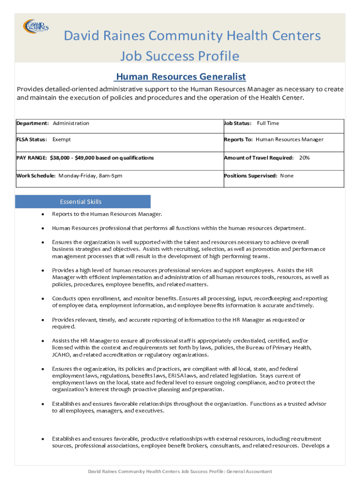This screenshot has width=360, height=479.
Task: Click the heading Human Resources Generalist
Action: pos(180,77)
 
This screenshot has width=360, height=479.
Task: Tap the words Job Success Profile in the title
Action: pos(180,57)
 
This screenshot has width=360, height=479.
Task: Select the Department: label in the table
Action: pos(33,123)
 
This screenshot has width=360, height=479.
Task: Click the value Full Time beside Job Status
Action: pos(268,123)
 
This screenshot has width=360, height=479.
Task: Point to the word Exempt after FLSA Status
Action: pos(62,139)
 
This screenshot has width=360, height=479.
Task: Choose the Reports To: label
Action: pos(238,139)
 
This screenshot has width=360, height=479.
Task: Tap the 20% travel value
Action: pos(304,158)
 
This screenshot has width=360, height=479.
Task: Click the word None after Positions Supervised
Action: pos(287,176)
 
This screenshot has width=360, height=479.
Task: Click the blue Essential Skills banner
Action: pos(83,202)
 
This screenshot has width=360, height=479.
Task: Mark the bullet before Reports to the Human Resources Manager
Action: pos(42,214)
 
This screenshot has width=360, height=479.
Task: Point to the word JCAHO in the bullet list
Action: pos(60,355)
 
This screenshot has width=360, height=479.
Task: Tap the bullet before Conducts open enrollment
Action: pos(42,298)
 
